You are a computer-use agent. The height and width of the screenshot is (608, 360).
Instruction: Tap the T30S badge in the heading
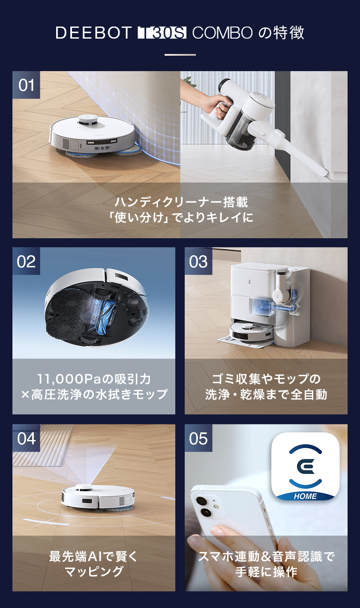tap(162, 33)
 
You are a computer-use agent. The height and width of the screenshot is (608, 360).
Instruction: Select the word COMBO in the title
tap(222, 33)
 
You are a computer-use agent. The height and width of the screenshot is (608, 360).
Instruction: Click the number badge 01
tap(26, 85)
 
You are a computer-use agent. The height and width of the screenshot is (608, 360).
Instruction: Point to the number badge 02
tap(26, 261)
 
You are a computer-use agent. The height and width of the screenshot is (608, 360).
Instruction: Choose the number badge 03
tap(198, 261)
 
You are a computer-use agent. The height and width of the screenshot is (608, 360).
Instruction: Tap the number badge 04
tap(26, 438)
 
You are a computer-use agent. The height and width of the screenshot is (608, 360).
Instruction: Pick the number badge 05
tap(198, 438)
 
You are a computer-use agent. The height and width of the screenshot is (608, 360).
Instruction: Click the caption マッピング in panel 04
tap(94, 572)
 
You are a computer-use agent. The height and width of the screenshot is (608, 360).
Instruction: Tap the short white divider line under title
tap(180, 55)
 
